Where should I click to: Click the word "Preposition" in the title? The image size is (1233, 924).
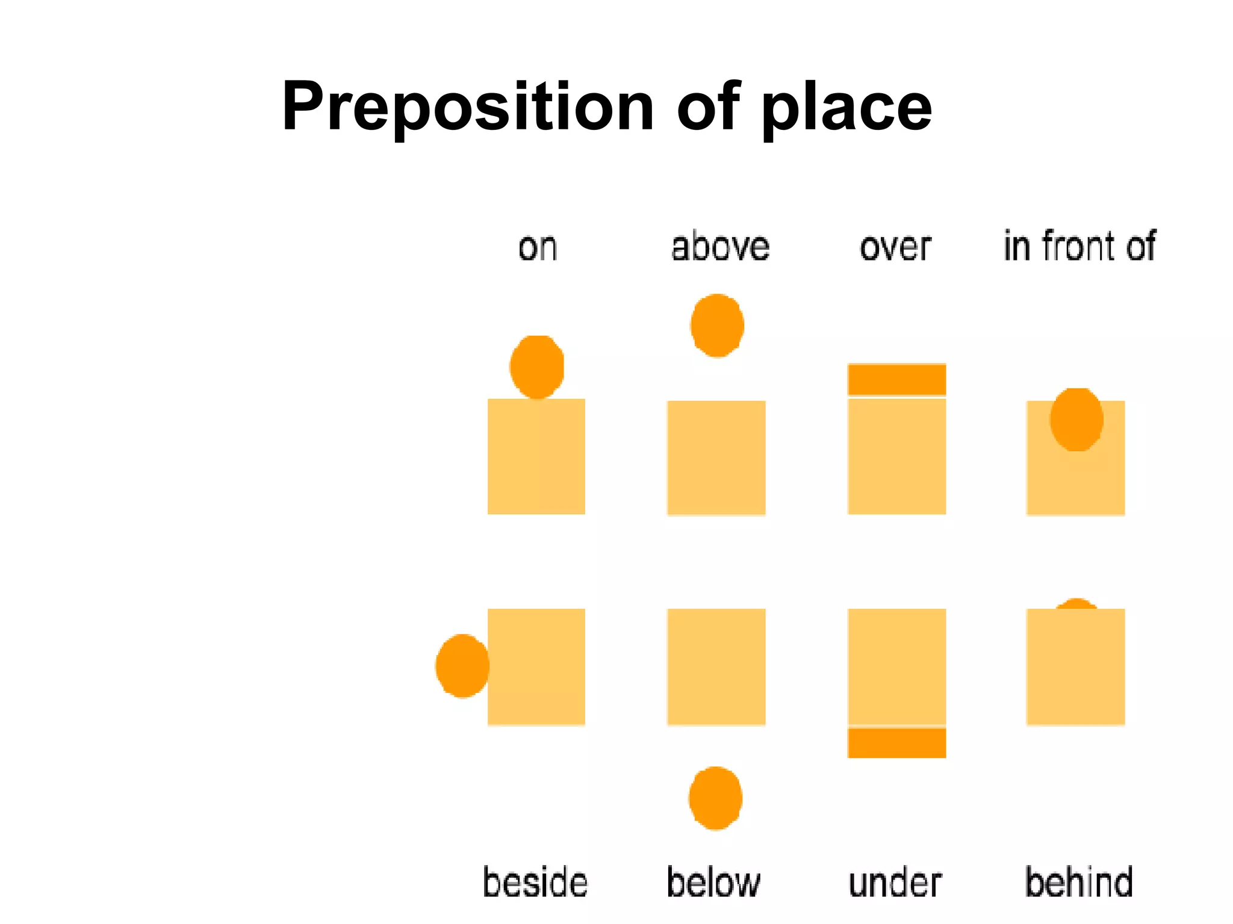pos(467,107)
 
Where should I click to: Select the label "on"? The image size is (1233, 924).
pos(538,247)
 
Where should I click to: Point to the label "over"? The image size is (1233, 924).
pos(895,247)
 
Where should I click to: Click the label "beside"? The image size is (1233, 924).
pos(535,882)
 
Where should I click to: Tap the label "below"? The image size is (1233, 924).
pos(713,882)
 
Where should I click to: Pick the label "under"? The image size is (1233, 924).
pos(895,882)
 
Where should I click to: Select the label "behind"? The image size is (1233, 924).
pos(1079,882)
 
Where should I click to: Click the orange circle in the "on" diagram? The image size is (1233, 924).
pos(537,366)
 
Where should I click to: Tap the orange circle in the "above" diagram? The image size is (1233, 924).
pos(717,325)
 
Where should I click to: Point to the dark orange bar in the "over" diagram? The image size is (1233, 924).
pos(896,379)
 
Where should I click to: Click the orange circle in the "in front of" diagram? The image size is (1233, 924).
pos(1076,419)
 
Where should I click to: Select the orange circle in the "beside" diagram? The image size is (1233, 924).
pos(462,665)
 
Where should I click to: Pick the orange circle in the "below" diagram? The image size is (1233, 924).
pos(715,798)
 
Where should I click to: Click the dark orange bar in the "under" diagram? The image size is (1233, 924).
pos(896,742)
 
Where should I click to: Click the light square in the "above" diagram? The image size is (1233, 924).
pos(716,458)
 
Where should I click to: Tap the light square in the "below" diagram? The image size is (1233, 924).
pos(716,667)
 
